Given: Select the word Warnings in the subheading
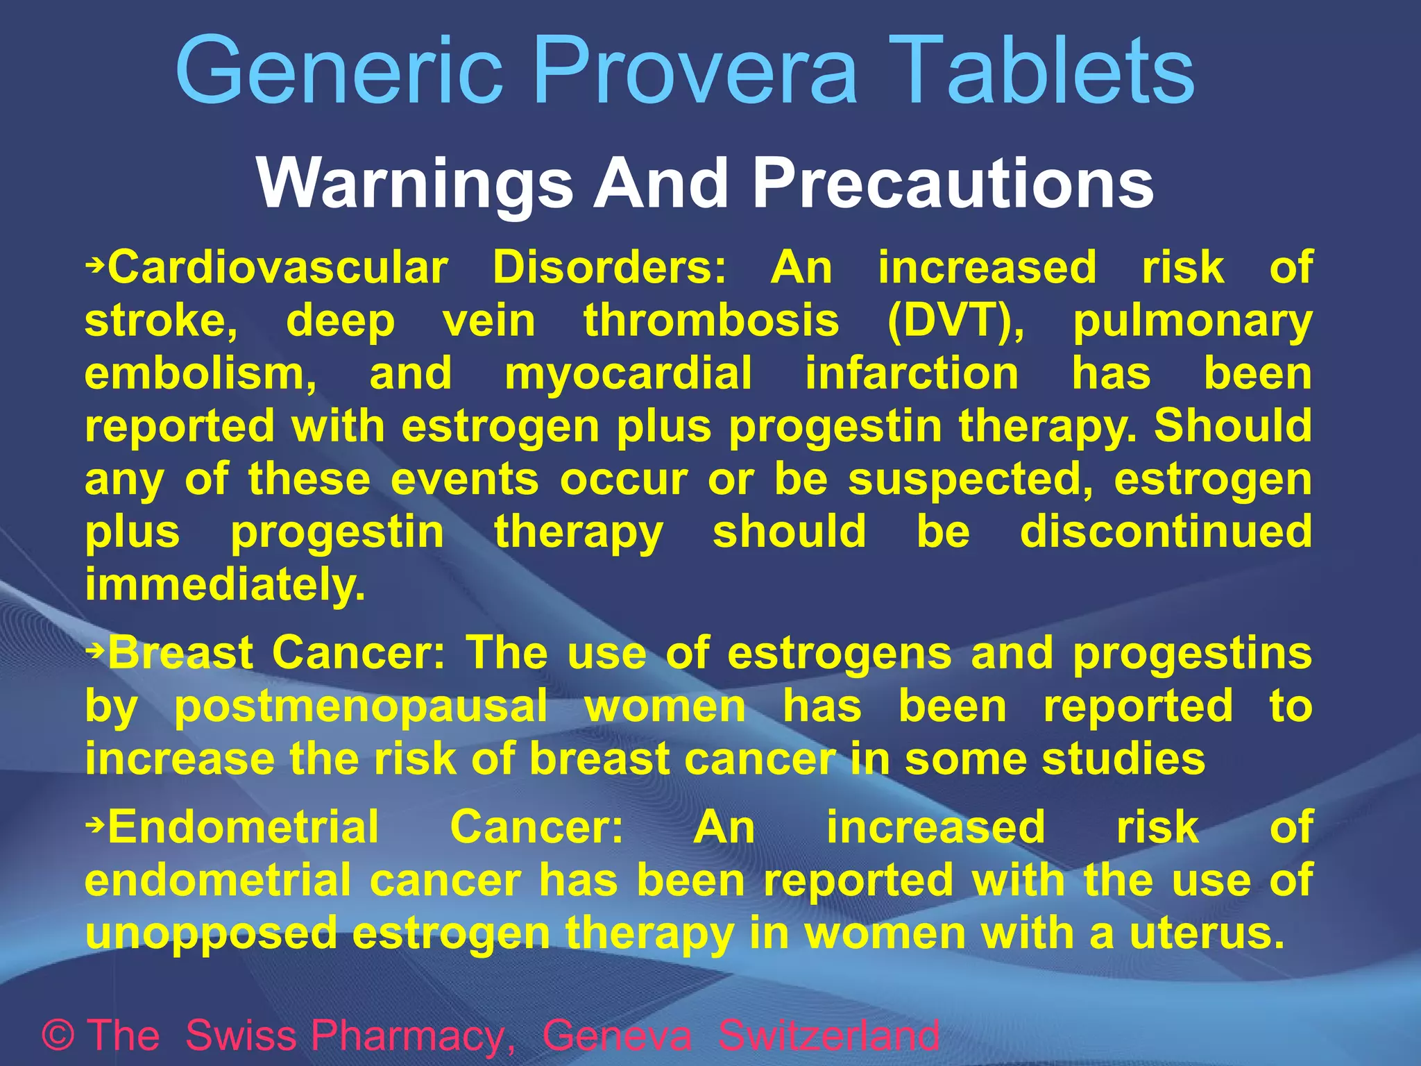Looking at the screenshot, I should coord(415,183).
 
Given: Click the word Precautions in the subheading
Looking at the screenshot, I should coord(953,183).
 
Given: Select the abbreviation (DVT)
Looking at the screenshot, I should coord(956,321).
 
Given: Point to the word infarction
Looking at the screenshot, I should coord(912,373).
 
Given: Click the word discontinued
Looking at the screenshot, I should coord(1166,532).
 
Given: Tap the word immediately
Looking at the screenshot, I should coord(225,585).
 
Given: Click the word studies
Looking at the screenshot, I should coord(1124,759).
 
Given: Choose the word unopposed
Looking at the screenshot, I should coord(211,934).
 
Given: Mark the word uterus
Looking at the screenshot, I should coord(1207,933).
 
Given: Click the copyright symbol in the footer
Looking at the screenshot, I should coord(58,1035).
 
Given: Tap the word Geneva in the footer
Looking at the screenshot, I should coord(617,1035).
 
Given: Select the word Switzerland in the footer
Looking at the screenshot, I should coord(828,1035).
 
